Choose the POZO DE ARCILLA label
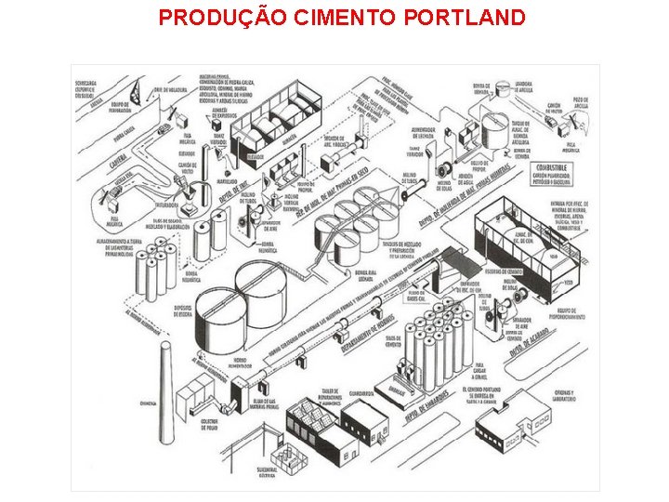pyautogui.click(x=581, y=101)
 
